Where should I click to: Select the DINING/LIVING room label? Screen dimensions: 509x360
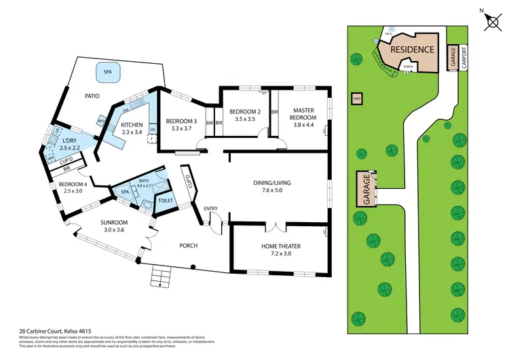point(278,186)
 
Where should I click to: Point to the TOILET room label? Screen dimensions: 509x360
point(166,201)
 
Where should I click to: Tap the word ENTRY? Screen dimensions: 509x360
point(210,209)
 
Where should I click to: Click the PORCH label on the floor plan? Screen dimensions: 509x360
point(188,245)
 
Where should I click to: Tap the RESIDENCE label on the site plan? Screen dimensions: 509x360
point(412,50)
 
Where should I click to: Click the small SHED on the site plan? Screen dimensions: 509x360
point(356,98)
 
